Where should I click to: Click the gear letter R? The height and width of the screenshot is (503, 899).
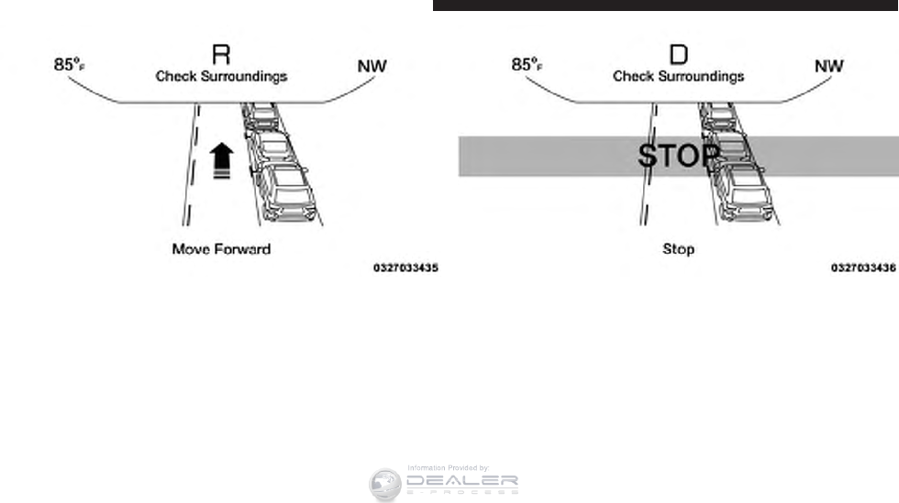click(221, 55)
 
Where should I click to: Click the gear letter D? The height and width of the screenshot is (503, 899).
click(678, 55)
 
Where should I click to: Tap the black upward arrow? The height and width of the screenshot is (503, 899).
click(220, 159)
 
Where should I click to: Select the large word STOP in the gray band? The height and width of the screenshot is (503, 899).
click(679, 156)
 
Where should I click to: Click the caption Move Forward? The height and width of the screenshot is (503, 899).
click(221, 248)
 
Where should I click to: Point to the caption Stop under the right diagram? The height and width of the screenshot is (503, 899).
click(678, 248)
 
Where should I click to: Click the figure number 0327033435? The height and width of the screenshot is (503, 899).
click(405, 268)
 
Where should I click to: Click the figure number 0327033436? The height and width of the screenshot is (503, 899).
click(863, 268)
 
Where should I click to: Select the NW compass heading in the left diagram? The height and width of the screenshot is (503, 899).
click(372, 66)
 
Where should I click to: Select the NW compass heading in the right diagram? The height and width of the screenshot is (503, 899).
click(829, 66)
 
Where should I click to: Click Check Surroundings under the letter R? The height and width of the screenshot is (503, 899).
click(221, 76)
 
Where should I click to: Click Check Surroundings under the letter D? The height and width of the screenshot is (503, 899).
click(678, 76)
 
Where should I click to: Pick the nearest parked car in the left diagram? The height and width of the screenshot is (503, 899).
click(285, 192)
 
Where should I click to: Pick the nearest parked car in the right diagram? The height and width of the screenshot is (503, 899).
click(744, 192)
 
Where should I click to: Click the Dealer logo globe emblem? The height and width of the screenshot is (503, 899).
click(385, 485)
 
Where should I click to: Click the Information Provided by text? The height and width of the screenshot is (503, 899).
click(448, 467)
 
